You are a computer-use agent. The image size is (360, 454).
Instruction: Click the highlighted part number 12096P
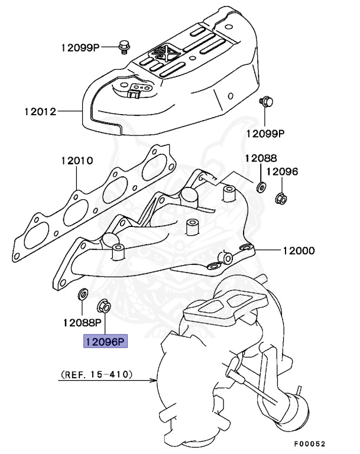[x=105, y=341]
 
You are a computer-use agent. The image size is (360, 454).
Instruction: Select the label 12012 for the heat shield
[x=40, y=111]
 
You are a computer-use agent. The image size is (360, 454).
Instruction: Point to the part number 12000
[x=299, y=250]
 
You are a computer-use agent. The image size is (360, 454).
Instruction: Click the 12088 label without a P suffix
[x=261, y=158]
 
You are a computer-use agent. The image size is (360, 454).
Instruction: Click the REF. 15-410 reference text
[x=96, y=375]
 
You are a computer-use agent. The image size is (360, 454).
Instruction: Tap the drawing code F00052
[x=309, y=443]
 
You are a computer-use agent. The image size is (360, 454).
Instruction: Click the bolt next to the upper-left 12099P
[x=124, y=45]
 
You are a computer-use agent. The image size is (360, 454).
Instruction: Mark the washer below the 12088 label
[x=260, y=187]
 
